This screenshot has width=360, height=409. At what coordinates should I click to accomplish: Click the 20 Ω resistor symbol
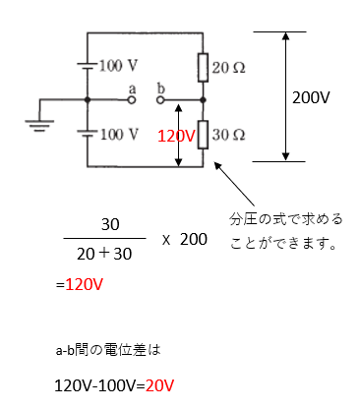pyautogui.click(x=203, y=67)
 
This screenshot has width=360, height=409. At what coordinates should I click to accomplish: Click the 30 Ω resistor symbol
pyautogui.click(x=203, y=133)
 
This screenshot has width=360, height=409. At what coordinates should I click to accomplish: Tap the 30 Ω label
pyautogui.click(x=227, y=133)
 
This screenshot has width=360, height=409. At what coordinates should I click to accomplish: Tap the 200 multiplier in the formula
pyautogui.click(x=193, y=239)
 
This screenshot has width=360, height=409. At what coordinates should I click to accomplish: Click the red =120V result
pyautogui.click(x=80, y=285)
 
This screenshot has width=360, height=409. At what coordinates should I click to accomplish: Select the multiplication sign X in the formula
pyautogui.click(x=166, y=239)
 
